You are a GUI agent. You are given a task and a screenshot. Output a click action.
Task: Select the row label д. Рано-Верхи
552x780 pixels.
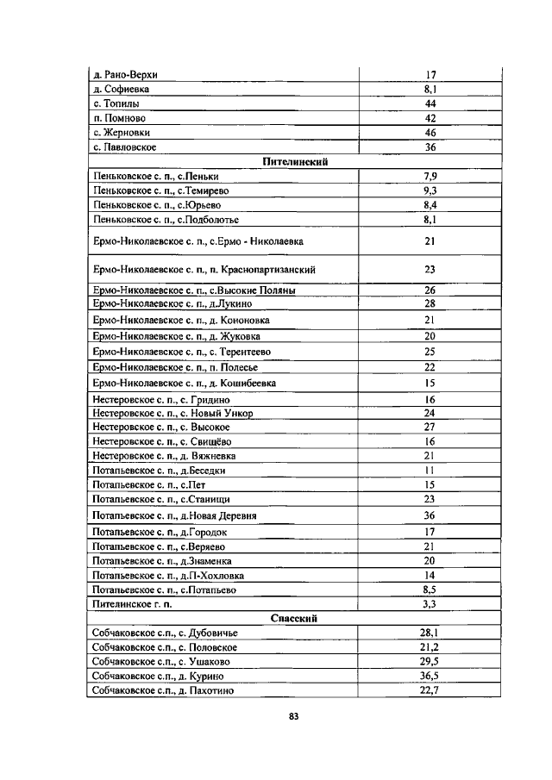[x=125, y=74]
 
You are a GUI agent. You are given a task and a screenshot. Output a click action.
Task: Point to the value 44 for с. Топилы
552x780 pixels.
[x=430, y=103]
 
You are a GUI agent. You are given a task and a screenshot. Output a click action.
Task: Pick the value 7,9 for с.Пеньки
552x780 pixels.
[x=430, y=176]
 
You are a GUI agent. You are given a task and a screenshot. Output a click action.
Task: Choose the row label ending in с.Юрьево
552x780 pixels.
[x=156, y=205]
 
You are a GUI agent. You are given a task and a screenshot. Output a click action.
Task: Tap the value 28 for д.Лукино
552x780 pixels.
[x=430, y=303]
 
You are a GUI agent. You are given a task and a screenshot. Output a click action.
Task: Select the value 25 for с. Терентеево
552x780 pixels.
[x=430, y=352]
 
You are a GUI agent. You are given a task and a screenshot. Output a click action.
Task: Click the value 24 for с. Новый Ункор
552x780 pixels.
[x=430, y=413]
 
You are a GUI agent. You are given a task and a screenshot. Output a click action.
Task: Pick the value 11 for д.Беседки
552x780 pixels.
[x=430, y=471]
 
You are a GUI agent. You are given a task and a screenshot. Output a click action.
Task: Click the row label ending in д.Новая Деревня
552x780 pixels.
[x=177, y=515]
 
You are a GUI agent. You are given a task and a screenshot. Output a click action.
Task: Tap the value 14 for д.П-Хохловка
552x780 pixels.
[x=430, y=576]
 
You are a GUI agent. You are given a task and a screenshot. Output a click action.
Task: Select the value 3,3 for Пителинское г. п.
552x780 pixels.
[x=430, y=604]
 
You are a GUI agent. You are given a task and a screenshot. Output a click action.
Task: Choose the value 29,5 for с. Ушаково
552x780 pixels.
[x=430, y=661]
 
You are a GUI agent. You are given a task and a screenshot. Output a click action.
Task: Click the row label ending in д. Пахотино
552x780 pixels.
[x=164, y=690]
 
